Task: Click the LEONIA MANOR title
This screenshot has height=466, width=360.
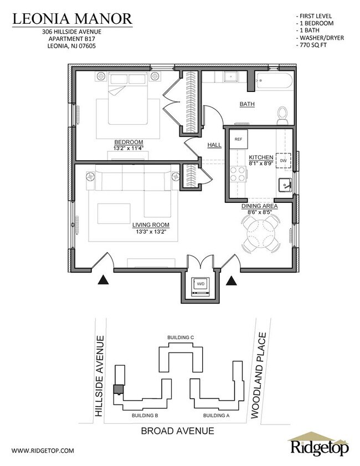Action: pyautogui.click(x=73, y=19)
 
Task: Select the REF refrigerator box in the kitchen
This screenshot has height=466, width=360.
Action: pyautogui.click(x=239, y=139)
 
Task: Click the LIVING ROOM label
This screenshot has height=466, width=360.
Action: pyautogui.click(x=151, y=224)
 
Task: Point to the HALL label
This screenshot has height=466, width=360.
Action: pyautogui.click(x=214, y=145)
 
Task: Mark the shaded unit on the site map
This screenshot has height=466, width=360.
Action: pyautogui.click(x=118, y=389)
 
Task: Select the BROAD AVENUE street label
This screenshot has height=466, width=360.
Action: pyautogui.click(x=177, y=431)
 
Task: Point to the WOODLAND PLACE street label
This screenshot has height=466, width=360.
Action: pyautogui.click(x=261, y=375)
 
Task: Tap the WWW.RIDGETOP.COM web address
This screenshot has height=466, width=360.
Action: pyautogui.click(x=43, y=450)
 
